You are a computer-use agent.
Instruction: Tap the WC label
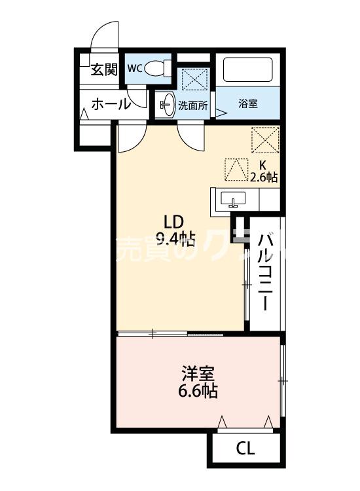coord(135,68)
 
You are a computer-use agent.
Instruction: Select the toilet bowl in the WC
coord(155,68)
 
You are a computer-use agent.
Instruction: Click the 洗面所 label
coord(193,105)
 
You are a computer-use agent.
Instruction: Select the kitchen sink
coord(231,199)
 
